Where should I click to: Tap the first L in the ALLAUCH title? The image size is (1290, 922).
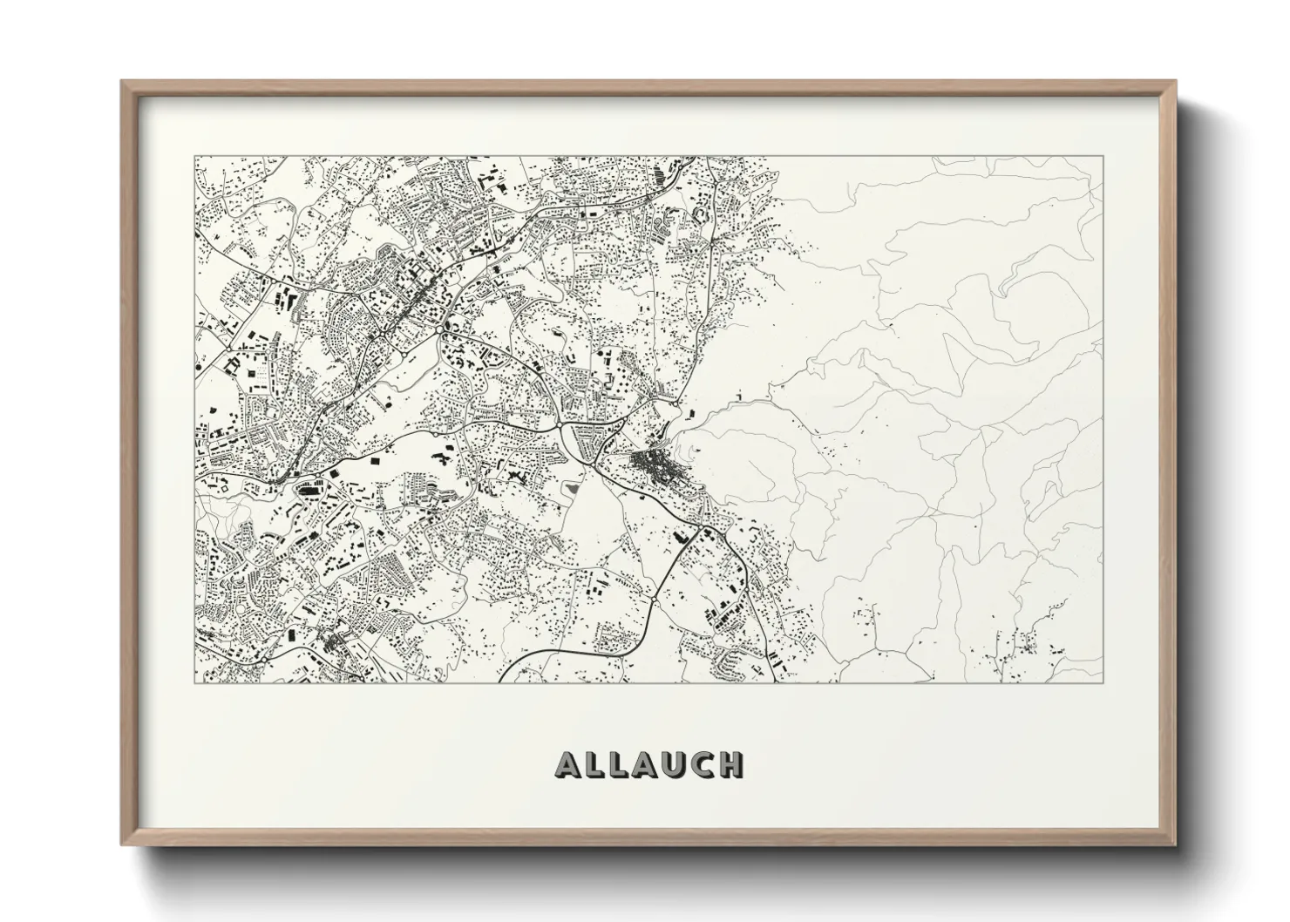point(595,764)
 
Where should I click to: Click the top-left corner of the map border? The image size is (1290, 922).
point(194,157)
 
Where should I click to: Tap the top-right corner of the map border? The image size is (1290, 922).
point(1103,157)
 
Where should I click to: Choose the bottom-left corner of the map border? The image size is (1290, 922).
point(194,682)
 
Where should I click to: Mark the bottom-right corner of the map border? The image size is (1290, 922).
point(1103,682)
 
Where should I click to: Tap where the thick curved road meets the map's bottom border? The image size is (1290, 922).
point(503,681)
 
